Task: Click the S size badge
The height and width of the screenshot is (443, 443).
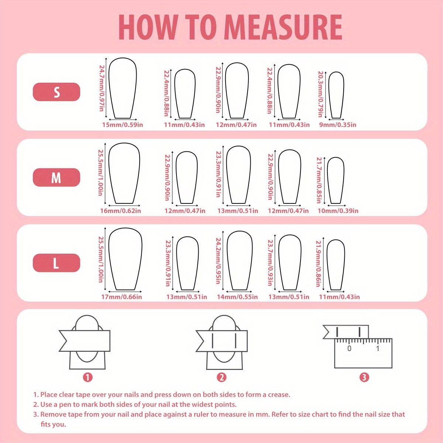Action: [56, 92]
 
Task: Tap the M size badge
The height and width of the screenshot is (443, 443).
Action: [56, 178]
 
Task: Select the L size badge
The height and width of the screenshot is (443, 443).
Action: [56, 263]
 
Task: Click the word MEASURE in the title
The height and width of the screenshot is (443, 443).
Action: [283, 27]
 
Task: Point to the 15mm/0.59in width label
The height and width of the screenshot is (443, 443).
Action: [123, 125]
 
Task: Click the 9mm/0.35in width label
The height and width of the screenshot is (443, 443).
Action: [338, 125]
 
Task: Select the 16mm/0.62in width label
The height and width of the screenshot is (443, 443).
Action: [120, 211]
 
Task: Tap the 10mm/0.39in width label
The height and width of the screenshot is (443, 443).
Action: [338, 211]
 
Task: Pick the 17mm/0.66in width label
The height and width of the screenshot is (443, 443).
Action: [121, 297]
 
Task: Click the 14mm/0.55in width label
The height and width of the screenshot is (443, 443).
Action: [237, 297]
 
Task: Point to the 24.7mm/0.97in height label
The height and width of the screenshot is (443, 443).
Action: [102, 88]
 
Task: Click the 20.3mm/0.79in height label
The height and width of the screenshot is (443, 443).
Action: [320, 94]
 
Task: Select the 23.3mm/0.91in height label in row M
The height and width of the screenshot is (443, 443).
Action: [219, 174]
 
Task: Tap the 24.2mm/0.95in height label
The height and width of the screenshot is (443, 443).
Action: [219, 261]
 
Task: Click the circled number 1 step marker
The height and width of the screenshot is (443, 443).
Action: [87, 377]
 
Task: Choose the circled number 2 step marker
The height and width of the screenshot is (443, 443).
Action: [221, 377]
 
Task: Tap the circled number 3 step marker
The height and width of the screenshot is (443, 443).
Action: [364, 377]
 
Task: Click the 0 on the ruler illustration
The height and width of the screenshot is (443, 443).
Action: [349, 348]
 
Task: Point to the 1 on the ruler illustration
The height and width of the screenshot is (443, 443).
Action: [378, 348]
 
